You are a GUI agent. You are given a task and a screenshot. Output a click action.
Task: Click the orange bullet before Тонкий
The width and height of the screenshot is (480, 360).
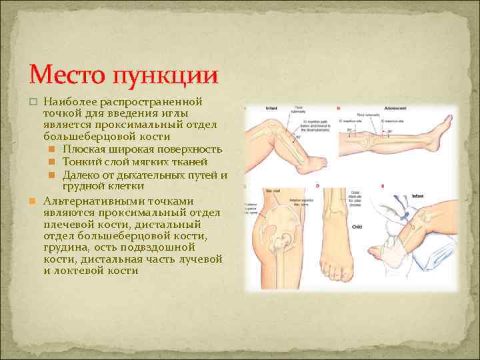click(53, 162)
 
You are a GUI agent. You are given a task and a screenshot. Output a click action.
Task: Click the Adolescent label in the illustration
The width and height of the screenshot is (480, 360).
click(396, 107)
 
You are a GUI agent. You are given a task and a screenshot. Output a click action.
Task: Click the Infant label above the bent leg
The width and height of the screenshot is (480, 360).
click(271, 107)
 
